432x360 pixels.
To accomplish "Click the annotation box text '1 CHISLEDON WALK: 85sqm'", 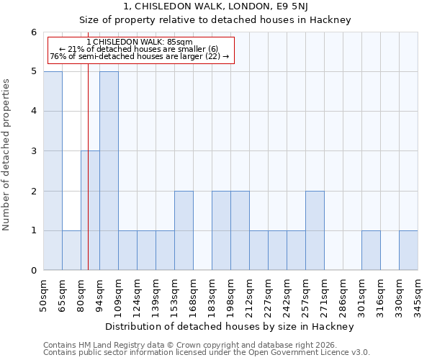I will [139, 42].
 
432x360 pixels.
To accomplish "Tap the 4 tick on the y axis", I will [33, 111].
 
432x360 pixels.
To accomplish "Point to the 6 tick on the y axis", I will [33, 32].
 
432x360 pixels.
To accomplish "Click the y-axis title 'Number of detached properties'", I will [7, 151].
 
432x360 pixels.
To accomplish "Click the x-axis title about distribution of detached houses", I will [234, 326].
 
